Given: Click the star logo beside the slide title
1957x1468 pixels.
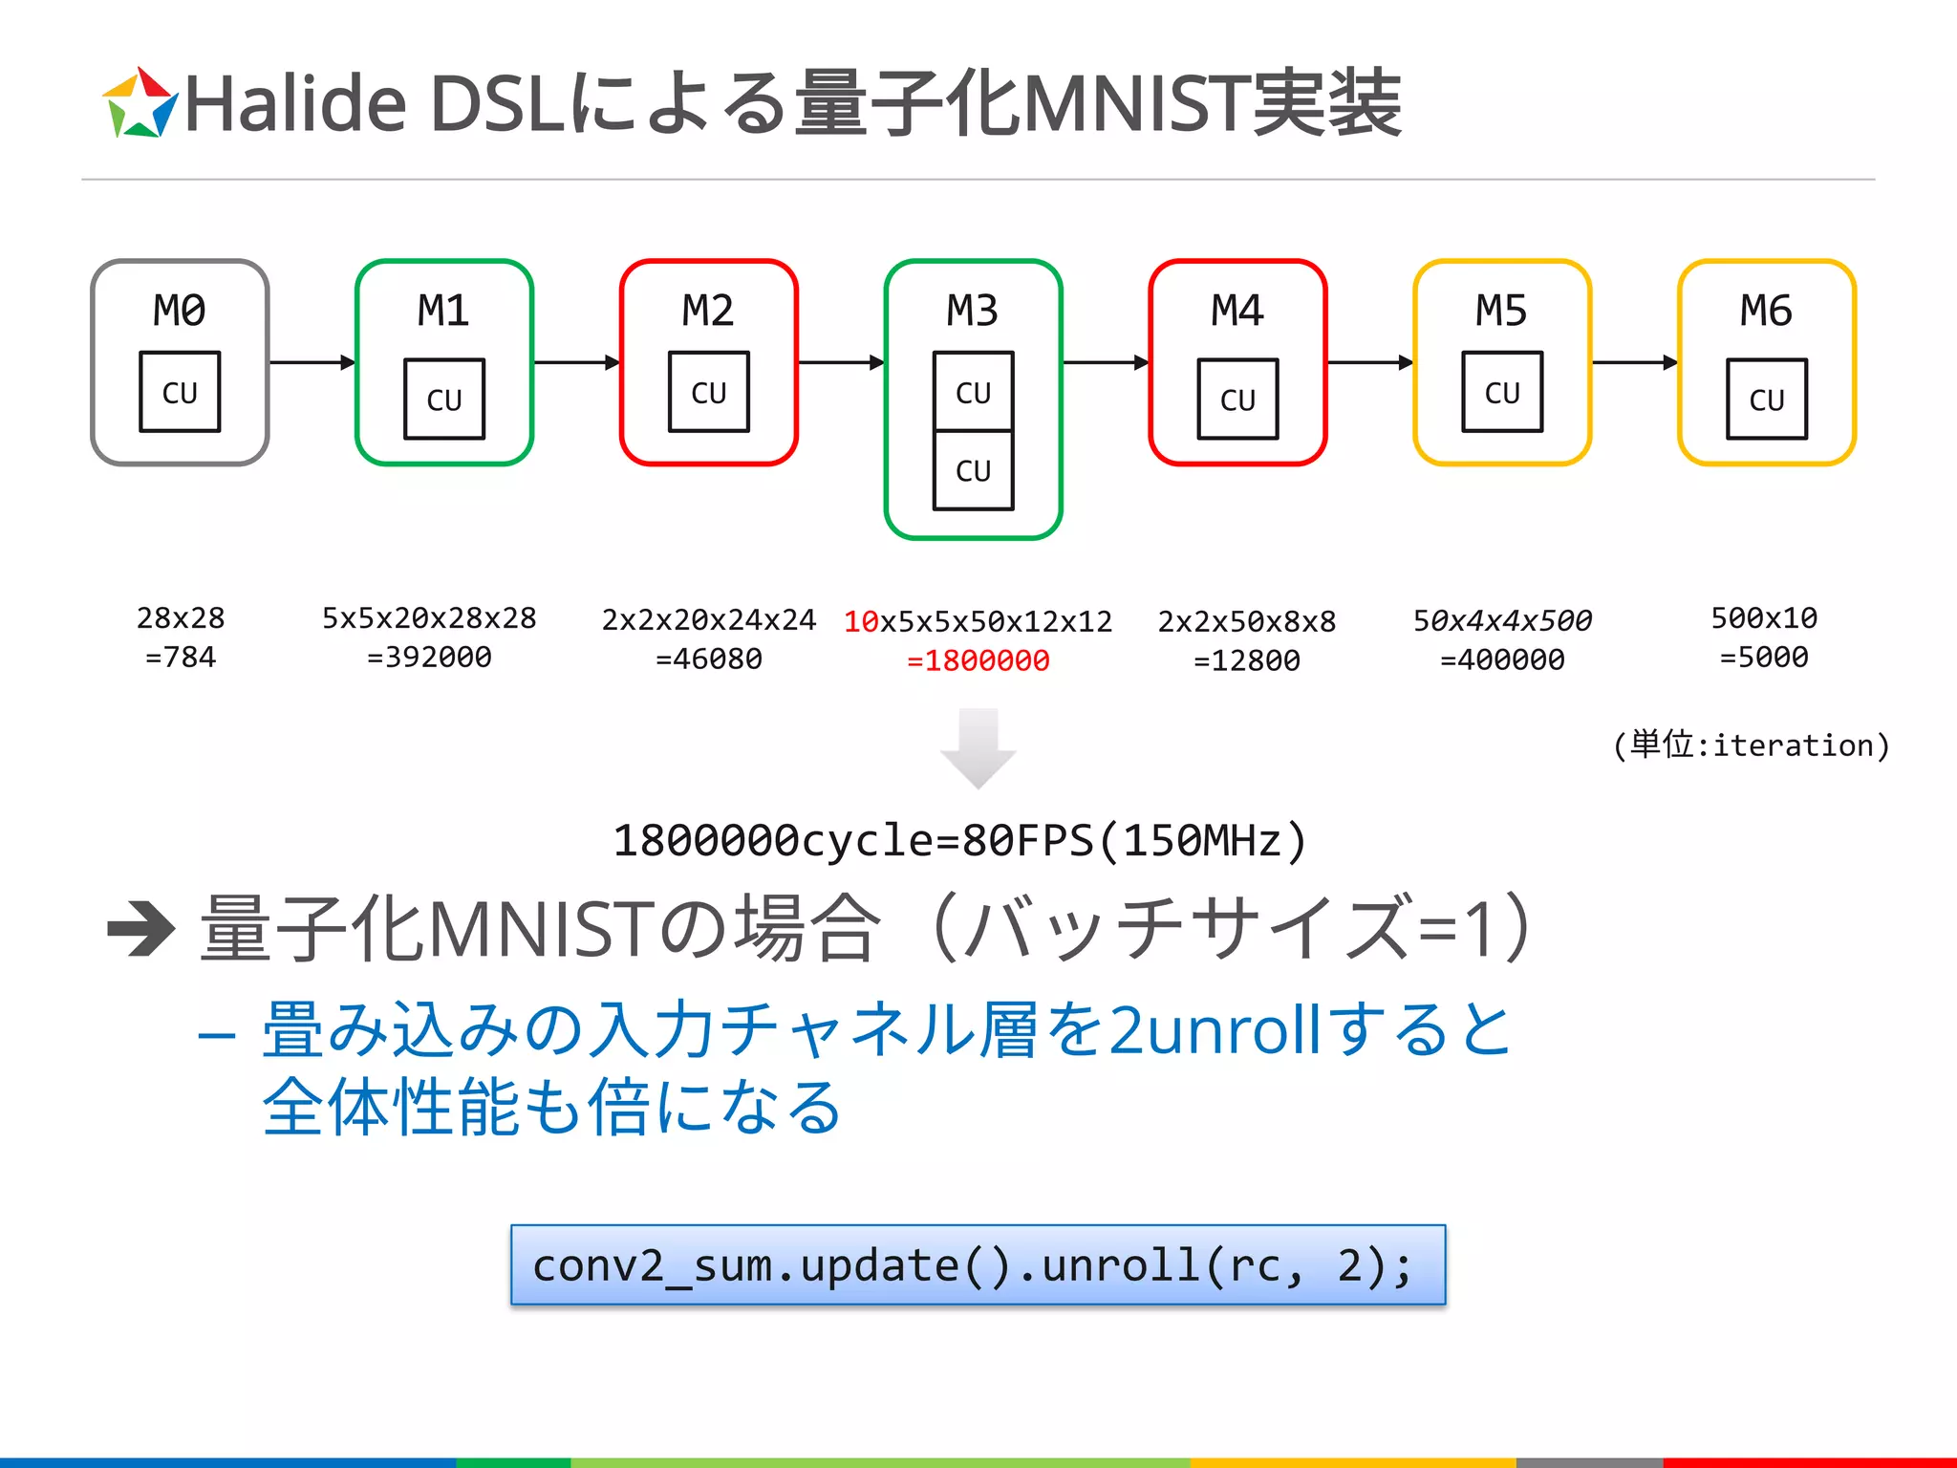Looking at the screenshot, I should pyautogui.click(x=140, y=103).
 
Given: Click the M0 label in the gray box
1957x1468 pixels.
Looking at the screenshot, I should pyautogui.click(x=180, y=311).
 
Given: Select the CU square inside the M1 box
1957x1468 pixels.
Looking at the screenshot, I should pyautogui.click(x=444, y=399).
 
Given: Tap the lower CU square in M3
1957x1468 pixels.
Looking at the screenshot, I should pyautogui.click(x=973, y=470).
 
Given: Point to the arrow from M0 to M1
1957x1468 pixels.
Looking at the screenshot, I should pyautogui.click(x=312, y=362).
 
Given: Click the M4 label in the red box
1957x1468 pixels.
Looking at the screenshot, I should pyautogui.click(x=1237, y=311).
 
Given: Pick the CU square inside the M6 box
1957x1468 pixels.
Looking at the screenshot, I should pyautogui.click(x=1767, y=399).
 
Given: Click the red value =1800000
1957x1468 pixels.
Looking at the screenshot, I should pyautogui.click(x=978, y=660).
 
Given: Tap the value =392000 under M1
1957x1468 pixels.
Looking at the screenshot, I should pyautogui.click(x=429, y=658).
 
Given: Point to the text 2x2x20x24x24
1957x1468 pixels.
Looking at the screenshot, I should pyautogui.click(x=708, y=620).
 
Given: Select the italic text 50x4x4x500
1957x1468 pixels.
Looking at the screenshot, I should pyautogui.click(x=1502, y=621).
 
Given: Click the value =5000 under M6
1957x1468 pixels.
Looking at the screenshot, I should pyautogui.click(x=1764, y=658).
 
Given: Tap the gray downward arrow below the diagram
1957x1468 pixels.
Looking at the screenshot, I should pyautogui.click(x=978, y=748).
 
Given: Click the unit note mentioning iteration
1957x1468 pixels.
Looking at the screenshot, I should pyautogui.click(x=1751, y=745).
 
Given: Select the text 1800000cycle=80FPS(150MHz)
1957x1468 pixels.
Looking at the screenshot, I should pyautogui.click(x=959, y=841).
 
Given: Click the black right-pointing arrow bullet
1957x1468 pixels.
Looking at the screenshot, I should pyautogui.click(x=141, y=928).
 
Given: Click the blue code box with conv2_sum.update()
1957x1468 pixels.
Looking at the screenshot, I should pyautogui.click(x=978, y=1264).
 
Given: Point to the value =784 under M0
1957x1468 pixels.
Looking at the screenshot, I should pyautogui.click(x=181, y=658).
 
